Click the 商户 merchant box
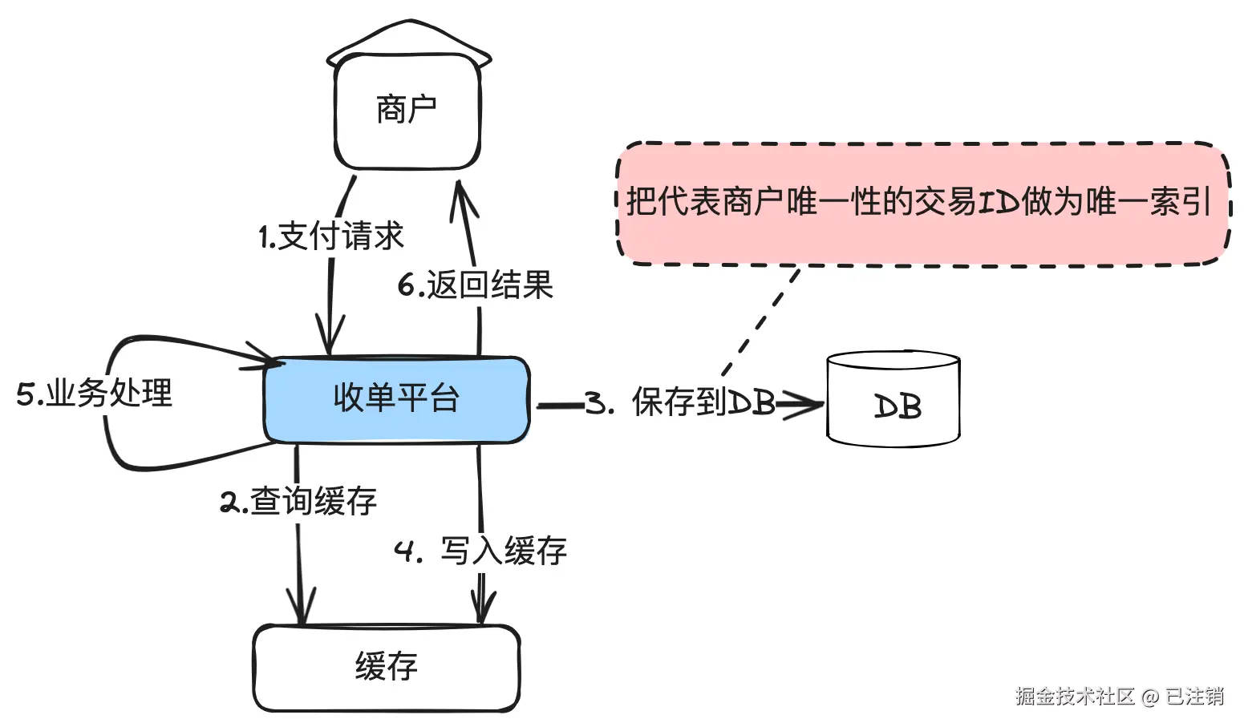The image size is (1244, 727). coord(407,111)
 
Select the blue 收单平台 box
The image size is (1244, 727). coord(396,400)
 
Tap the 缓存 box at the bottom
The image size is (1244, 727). coord(387,668)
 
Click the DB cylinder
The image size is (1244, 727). coord(893,398)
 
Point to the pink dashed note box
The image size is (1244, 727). coord(923,204)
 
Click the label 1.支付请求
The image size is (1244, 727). coord(331,236)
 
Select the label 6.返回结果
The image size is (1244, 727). coord(476,285)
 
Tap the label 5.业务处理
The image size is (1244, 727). coord(95,393)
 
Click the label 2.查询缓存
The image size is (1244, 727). coord(299,501)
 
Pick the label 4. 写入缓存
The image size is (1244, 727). coord(480,551)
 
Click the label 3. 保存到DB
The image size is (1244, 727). coord(680,402)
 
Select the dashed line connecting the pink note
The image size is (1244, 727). coord(761,322)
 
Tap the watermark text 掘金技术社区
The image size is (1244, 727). coord(1075,696)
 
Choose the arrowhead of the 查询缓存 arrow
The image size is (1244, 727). coord(302,606)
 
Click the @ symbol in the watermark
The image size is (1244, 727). coord(1149,697)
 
